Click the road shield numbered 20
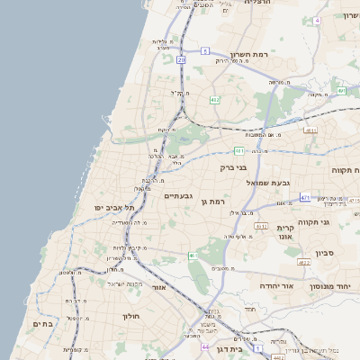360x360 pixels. point(181,59)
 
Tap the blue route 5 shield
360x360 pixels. point(205,51)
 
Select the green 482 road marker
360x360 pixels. point(214,100)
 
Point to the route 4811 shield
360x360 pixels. point(310,130)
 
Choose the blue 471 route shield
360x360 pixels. point(306,197)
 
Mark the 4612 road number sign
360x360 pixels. point(261,226)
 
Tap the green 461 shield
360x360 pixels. point(193,256)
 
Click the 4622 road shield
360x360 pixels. point(303,262)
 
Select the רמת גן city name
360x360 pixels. point(214,202)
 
